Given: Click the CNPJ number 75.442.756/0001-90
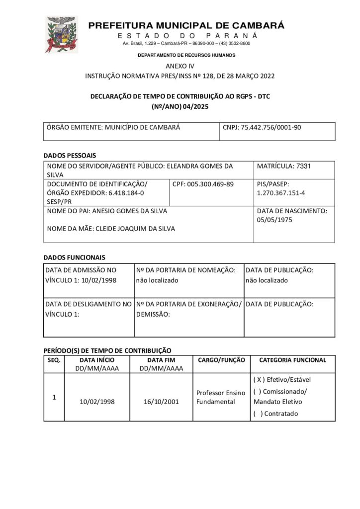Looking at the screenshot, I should pyautogui.click(x=270, y=127).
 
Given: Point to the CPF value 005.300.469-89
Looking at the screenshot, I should pyautogui.click(x=210, y=184).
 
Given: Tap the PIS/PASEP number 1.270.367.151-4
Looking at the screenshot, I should pyautogui.click(x=281, y=193).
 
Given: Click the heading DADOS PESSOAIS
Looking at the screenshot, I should pyautogui.click(x=70, y=155).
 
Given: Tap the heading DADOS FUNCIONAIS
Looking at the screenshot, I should pyautogui.click(x=74, y=257).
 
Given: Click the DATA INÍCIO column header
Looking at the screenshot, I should pyautogui.click(x=97, y=360).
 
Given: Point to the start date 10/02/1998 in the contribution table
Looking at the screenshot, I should pyautogui.click(x=97, y=401).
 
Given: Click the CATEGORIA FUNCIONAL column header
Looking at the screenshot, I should pyautogui.click(x=292, y=360).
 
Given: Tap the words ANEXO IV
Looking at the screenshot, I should pyautogui.click(x=180, y=66).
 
